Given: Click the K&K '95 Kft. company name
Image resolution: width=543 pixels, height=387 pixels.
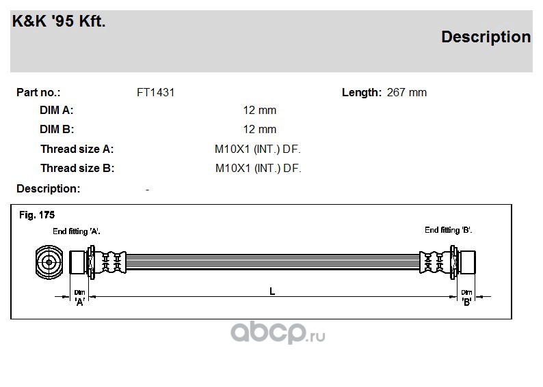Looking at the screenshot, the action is tap(59, 21).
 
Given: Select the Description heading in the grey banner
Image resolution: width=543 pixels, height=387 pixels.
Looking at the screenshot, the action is tap(486, 38).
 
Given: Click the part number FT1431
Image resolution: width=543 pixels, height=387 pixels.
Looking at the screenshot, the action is tap(155, 93).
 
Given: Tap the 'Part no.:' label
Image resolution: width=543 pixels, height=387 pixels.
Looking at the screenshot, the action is tap(38, 93).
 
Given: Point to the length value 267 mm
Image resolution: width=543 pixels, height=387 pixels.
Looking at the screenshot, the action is tap(406, 93).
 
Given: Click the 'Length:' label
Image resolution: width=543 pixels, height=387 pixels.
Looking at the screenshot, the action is tap(362, 93).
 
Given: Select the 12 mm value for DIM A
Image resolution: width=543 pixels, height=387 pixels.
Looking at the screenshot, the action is tap(259, 110).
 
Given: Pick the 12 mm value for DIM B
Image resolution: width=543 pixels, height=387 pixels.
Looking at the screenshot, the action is tap(259, 129).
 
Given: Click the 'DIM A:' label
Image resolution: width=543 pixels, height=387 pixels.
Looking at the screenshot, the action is tap(57, 110).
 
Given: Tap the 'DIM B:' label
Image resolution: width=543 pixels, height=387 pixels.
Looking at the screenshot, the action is tap(57, 129).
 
